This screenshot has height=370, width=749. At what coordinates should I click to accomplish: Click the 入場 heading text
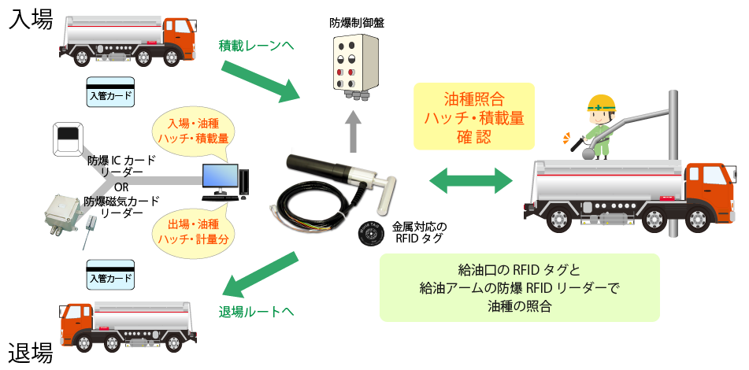[31, 19]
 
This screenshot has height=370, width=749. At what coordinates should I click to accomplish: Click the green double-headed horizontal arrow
[471, 180]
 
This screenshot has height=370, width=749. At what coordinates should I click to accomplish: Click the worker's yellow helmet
[600, 102]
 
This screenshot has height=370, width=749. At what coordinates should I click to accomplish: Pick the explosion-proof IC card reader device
[66, 139]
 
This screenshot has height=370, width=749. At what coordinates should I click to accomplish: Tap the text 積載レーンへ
[256, 46]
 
